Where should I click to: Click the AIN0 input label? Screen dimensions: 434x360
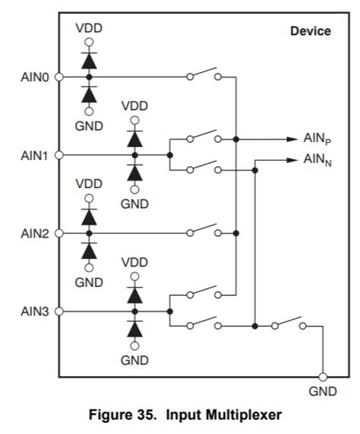pyautogui.click(x=34, y=77)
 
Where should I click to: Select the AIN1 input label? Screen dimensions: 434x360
pyautogui.click(x=34, y=155)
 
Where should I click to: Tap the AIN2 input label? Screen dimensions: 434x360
pyautogui.click(x=34, y=233)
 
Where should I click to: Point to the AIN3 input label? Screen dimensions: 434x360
pyautogui.click(x=34, y=311)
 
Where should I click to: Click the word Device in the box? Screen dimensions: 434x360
pyautogui.click(x=310, y=31)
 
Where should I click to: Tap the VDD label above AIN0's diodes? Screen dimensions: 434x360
pyautogui.click(x=89, y=28)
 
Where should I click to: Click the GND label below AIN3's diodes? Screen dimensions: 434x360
pyautogui.click(x=134, y=360)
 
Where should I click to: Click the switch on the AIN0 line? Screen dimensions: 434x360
pyautogui.click(x=203, y=75)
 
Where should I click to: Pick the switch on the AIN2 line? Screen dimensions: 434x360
pyautogui.click(x=203, y=231)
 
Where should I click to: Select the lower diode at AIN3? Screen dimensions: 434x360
pyautogui.click(x=134, y=329)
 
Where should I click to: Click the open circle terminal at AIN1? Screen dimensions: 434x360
pyautogui.click(x=59, y=155)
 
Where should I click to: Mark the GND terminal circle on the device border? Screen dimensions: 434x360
pyautogui.click(x=323, y=376)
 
